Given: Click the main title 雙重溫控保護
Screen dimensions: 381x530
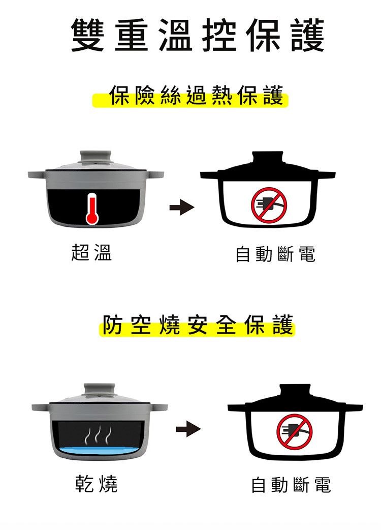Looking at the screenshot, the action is pyautogui.click(x=198, y=35).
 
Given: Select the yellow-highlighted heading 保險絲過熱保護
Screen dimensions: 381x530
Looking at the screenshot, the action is pyautogui.click(x=196, y=95).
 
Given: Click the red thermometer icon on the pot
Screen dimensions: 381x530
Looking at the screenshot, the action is pyautogui.click(x=92, y=209).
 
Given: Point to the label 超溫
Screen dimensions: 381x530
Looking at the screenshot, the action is pyautogui.click(x=91, y=252).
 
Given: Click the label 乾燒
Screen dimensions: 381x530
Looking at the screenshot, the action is pyautogui.click(x=96, y=484).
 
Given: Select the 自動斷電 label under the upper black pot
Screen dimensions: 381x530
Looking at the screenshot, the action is pyautogui.click(x=275, y=254).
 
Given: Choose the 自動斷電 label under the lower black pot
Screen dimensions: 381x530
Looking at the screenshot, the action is pyautogui.click(x=291, y=485).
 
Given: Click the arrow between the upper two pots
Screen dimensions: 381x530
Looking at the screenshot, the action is pyautogui.click(x=182, y=207).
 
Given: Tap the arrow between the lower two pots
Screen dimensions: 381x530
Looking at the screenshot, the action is pyautogui.click(x=188, y=429).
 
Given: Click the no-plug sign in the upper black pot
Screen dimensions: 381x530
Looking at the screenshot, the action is pyautogui.click(x=269, y=205).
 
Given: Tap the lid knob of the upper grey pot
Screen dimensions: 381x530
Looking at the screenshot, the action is pyautogui.click(x=96, y=157).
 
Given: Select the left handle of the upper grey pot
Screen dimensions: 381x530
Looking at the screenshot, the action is pyautogui.click(x=37, y=175).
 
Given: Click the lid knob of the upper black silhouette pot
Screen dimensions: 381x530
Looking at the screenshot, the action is pyautogui.click(x=268, y=157).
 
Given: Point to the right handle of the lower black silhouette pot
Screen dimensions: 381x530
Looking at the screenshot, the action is pyautogui.click(x=354, y=407).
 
